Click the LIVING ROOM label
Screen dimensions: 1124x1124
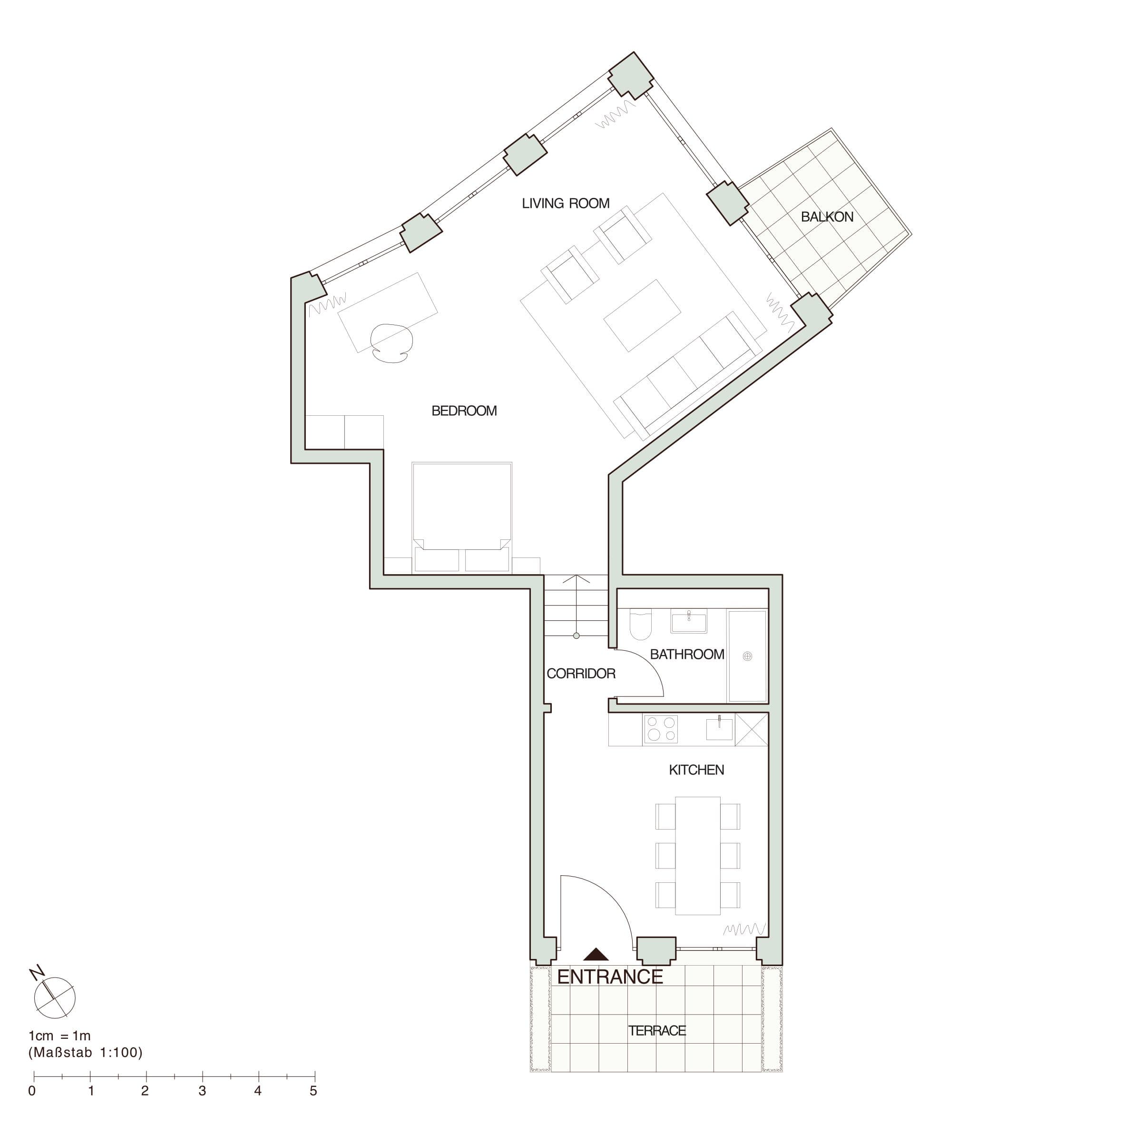[x=566, y=204]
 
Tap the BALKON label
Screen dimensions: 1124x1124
[x=827, y=217]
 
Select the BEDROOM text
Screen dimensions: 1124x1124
[x=464, y=411]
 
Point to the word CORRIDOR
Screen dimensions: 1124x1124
[x=581, y=674]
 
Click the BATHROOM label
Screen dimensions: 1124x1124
[x=686, y=655]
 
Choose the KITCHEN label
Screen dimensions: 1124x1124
[x=696, y=770]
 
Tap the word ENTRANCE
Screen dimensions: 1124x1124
[x=610, y=977]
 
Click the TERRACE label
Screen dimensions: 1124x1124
[x=657, y=1031]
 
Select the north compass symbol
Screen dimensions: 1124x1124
[x=54, y=996]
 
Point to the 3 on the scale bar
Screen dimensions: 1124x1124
[x=202, y=1091]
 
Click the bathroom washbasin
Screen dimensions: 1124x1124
[x=689, y=621]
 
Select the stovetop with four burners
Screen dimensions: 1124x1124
[x=661, y=730]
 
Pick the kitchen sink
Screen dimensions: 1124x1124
[x=719, y=728]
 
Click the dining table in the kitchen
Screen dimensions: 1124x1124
[x=697, y=856]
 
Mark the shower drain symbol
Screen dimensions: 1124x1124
[x=748, y=656]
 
